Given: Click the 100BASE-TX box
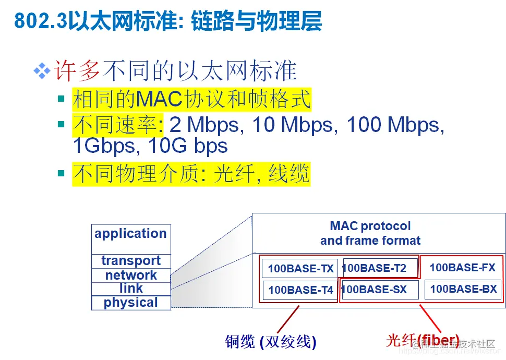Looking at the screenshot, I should point(300,269).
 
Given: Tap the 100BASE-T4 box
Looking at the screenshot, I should point(300,290).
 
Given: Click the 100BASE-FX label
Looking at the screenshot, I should point(462,268).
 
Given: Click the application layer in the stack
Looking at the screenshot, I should point(130,234).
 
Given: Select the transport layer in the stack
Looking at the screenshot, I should point(130,261).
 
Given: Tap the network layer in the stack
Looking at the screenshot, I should point(130,275).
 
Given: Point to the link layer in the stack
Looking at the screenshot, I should point(130,289).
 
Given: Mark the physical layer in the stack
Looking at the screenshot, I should point(130,303).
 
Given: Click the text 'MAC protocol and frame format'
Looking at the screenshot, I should point(370,233).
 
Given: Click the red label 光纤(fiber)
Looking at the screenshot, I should point(423,340).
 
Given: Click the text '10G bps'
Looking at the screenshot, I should point(188,146).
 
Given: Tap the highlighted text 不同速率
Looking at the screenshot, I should point(117,125).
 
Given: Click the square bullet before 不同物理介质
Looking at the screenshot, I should point(62,173).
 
